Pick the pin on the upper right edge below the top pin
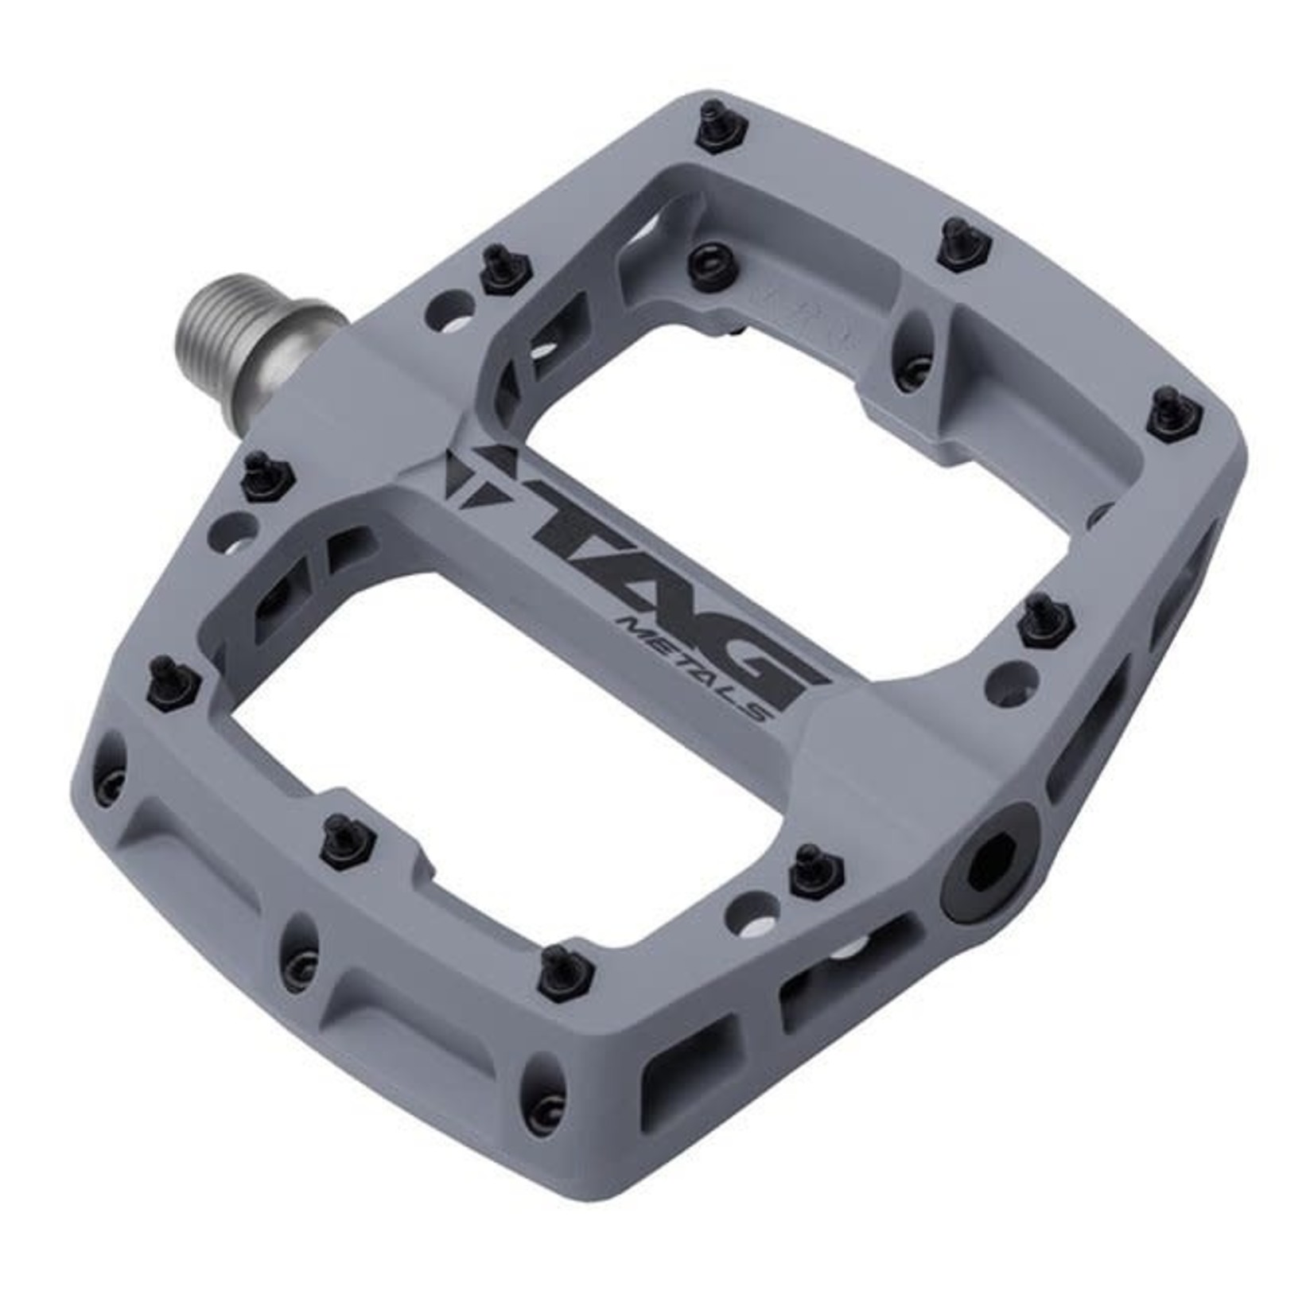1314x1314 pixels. [962, 242]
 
